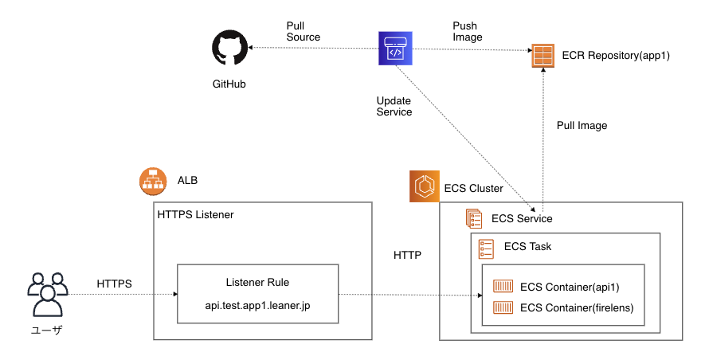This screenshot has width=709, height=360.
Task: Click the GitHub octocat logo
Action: tap(229, 49)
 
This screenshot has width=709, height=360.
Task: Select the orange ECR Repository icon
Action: tap(543, 57)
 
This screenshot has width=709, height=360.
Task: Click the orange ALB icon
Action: tap(152, 181)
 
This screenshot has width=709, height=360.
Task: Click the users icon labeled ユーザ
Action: tap(45, 294)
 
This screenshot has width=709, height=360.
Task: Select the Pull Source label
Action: tap(303, 31)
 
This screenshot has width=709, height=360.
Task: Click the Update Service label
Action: tap(394, 106)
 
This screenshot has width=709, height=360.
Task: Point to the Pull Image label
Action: tap(582, 126)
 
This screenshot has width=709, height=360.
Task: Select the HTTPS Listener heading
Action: tap(196, 215)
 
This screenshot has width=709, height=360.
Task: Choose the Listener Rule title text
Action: tap(257, 283)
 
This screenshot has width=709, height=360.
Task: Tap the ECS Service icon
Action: tap(474, 218)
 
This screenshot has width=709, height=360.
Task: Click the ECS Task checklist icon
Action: tap(486, 248)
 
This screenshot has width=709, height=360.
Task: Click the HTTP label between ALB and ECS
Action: tap(407, 256)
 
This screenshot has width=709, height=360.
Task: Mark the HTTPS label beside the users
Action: tap(115, 284)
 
